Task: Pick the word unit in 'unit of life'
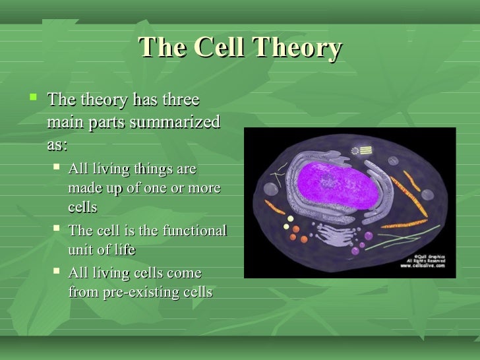click(x=79, y=250)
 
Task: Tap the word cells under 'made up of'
click(x=82, y=208)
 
